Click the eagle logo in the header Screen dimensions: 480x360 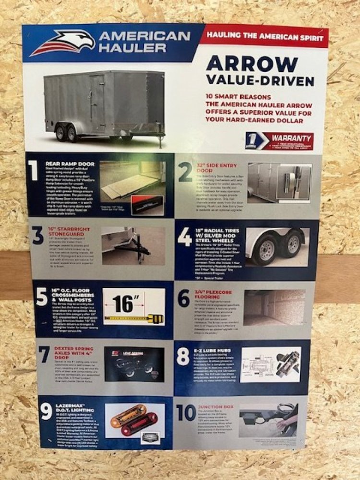tap(62, 43)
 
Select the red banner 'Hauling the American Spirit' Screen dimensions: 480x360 tap(264, 36)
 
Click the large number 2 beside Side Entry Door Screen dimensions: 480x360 tap(185, 172)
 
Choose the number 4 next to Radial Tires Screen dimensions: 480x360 tap(185, 237)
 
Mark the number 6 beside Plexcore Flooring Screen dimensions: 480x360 tap(184, 299)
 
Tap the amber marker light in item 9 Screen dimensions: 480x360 tap(128, 416)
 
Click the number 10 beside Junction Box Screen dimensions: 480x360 tap(186, 413)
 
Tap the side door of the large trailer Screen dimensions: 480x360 tap(97, 104)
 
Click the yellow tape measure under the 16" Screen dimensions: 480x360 tap(134, 318)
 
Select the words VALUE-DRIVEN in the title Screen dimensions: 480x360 tap(260, 80)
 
